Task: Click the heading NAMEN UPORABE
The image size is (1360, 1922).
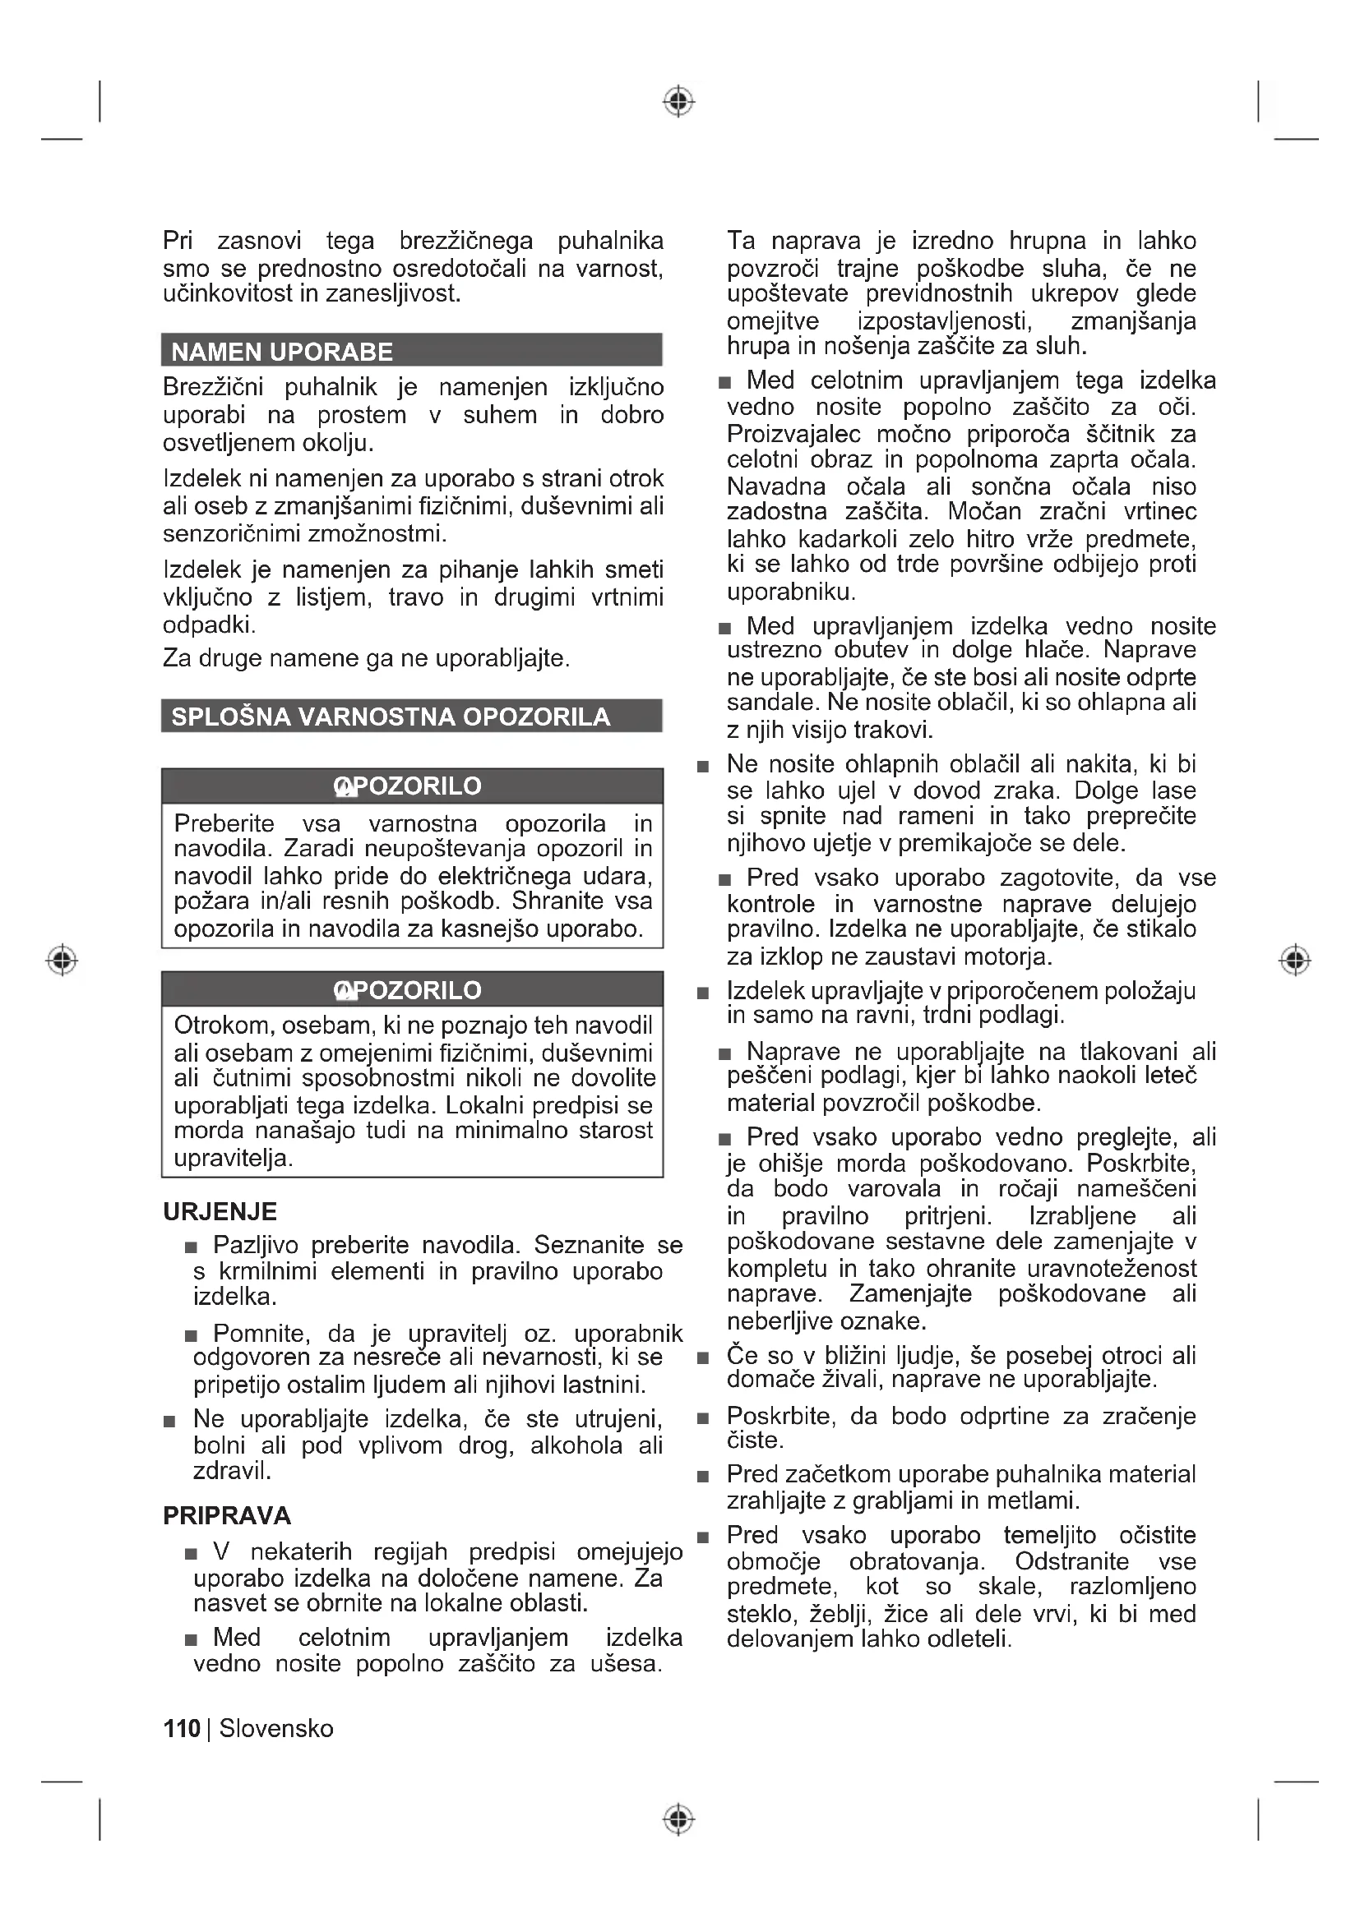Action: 281,352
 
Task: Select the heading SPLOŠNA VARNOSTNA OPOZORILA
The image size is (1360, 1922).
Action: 391,717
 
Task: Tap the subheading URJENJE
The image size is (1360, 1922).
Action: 220,1211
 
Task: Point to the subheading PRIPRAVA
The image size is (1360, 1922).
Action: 227,1515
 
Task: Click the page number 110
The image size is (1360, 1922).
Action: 182,1728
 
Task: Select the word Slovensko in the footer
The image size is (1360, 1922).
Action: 276,1728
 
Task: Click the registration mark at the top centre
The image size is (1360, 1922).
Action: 679,101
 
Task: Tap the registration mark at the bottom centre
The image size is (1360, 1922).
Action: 679,1819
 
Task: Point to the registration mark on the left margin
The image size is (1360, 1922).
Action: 62,959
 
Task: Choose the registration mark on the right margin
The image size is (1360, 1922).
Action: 1295,959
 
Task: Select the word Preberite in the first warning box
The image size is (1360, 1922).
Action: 224,823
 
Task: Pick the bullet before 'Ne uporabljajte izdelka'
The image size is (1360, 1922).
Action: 170,1422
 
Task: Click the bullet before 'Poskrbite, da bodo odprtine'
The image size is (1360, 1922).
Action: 704,1418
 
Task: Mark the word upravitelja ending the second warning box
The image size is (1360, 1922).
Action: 233,1158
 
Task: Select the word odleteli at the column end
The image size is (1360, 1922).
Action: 972,1639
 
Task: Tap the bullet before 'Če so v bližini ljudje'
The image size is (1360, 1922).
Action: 704,1357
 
